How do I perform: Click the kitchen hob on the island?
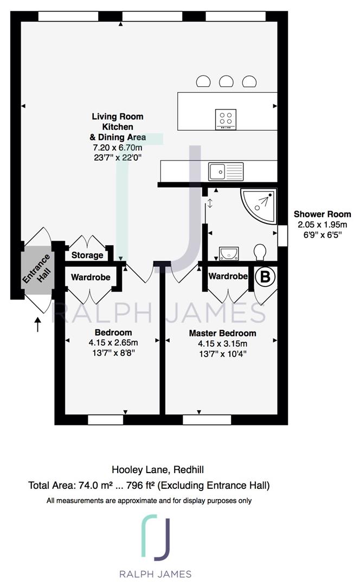[x=226, y=119]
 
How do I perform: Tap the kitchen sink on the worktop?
[x=226, y=171]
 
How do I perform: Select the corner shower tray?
[x=259, y=206]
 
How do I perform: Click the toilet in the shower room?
[x=260, y=252]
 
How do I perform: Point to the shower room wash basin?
[x=229, y=253]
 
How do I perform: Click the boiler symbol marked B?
[x=265, y=277]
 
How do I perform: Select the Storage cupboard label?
[x=87, y=255]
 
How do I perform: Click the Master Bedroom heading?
[x=223, y=333]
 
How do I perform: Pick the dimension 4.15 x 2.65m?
[x=113, y=342]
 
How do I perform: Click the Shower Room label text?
[x=322, y=214]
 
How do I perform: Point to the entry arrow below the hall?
[x=37, y=324]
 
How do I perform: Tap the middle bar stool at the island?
[x=226, y=81]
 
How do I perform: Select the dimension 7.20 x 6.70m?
[x=118, y=148]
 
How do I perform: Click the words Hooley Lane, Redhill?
[x=158, y=470]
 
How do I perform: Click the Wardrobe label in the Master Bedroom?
[x=228, y=276]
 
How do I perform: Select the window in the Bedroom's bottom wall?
[x=105, y=419]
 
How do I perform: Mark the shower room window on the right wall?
[x=282, y=235]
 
